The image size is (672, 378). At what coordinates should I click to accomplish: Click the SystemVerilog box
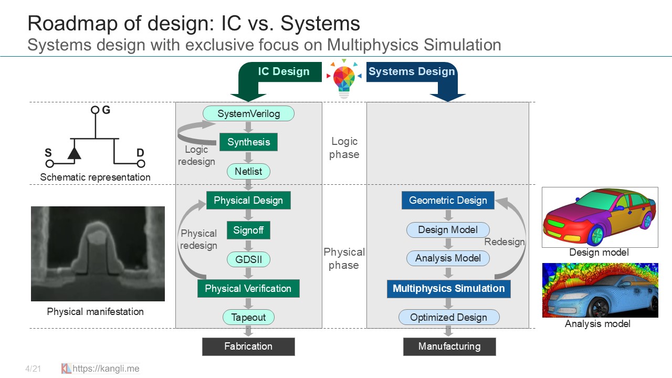pos(248,113)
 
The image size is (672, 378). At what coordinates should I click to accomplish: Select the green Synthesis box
pos(248,142)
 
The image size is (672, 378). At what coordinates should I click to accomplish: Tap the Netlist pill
pos(248,171)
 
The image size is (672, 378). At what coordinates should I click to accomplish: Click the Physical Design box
pos(248,200)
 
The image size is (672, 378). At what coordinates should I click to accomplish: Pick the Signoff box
pos(248,230)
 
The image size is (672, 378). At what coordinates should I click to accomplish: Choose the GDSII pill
pos(248,259)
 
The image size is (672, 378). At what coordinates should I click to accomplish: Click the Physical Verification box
pos(248,288)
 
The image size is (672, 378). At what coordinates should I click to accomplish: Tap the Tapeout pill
pos(248,317)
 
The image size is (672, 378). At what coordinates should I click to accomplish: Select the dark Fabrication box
pos(248,346)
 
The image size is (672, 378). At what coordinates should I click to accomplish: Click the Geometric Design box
pos(448,200)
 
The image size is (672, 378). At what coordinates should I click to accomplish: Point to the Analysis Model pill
pos(448,258)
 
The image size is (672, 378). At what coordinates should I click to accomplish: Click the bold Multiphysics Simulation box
pos(448,288)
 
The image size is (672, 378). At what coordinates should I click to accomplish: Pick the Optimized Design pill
pos(448,317)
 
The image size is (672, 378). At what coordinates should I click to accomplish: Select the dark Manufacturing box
pos(449,346)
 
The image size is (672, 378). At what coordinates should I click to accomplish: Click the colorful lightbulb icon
pos(343,79)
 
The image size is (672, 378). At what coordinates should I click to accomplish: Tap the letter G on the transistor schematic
pos(107,110)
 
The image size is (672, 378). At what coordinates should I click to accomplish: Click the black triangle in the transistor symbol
pos(75,153)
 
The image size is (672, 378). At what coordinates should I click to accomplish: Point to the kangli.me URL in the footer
pos(106,369)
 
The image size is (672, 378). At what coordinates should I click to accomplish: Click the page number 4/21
pos(33,369)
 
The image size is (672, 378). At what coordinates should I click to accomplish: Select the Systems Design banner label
pos(411,72)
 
